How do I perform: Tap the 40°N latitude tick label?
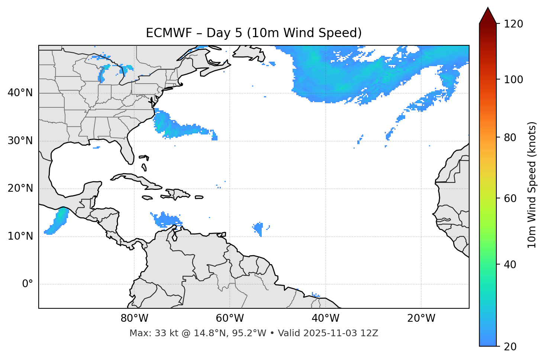(20, 93)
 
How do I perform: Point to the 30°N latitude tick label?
(20, 141)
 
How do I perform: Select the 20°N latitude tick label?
(20, 188)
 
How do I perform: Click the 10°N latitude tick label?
(20, 236)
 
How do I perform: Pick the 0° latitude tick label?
(27, 284)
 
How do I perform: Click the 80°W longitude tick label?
(134, 318)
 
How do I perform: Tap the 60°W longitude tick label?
(230, 318)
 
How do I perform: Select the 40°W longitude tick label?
(325, 318)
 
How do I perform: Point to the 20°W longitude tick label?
(421, 318)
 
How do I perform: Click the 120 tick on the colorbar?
(513, 24)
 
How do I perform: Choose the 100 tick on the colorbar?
(513, 80)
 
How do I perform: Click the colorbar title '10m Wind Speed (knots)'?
(532, 185)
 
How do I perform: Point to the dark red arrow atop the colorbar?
(488, 16)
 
